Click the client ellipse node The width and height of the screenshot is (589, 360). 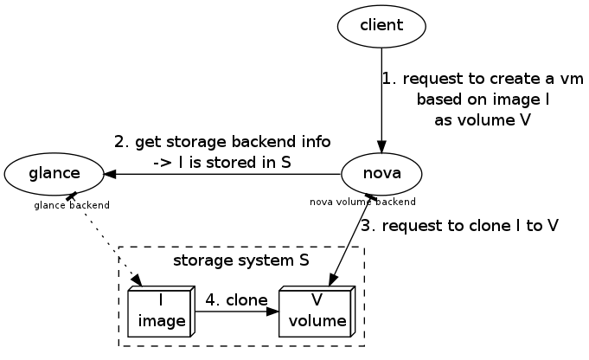pyautogui.click(x=381, y=25)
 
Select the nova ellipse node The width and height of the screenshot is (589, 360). pyautogui.click(x=381, y=173)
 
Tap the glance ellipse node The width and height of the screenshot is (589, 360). pyautogui.click(x=54, y=173)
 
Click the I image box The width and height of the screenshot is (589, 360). pyautogui.click(x=162, y=312)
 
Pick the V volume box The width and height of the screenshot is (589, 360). pyautogui.click(x=317, y=312)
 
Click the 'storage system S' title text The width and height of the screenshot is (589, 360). pyautogui.click(x=241, y=260)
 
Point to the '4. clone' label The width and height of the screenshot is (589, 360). pyautogui.click(x=236, y=300)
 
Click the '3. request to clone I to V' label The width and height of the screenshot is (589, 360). pyautogui.click(x=458, y=226)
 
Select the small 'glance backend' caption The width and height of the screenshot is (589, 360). pyautogui.click(x=72, y=205)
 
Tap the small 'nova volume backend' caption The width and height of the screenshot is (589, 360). pyautogui.click(x=362, y=202)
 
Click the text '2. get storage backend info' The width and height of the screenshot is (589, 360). pyautogui.click(x=222, y=141)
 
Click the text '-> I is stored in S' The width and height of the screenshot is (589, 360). pyautogui.click(x=221, y=161)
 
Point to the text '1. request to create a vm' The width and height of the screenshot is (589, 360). pyautogui.click(x=483, y=79)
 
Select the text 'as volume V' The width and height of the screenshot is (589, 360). pyautogui.click(x=482, y=120)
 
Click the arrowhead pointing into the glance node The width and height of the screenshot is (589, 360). pyautogui.click(x=111, y=173)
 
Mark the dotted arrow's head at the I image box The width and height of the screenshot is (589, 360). pyautogui.click(x=138, y=280)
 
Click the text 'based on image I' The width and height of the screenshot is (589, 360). pyautogui.click(x=483, y=100)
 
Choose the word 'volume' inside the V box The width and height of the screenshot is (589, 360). pyautogui.click(x=317, y=322)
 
